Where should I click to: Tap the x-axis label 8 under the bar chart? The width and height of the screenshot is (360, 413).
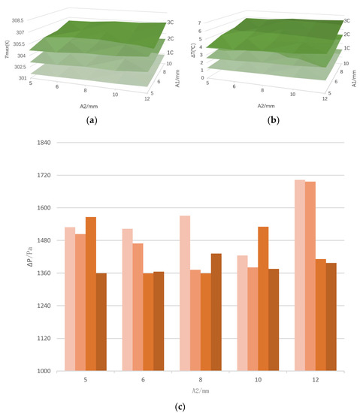point(201,381)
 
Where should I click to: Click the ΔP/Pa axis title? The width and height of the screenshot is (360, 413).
point(30,257)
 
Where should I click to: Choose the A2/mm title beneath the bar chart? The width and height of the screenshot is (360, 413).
point(200,391)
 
